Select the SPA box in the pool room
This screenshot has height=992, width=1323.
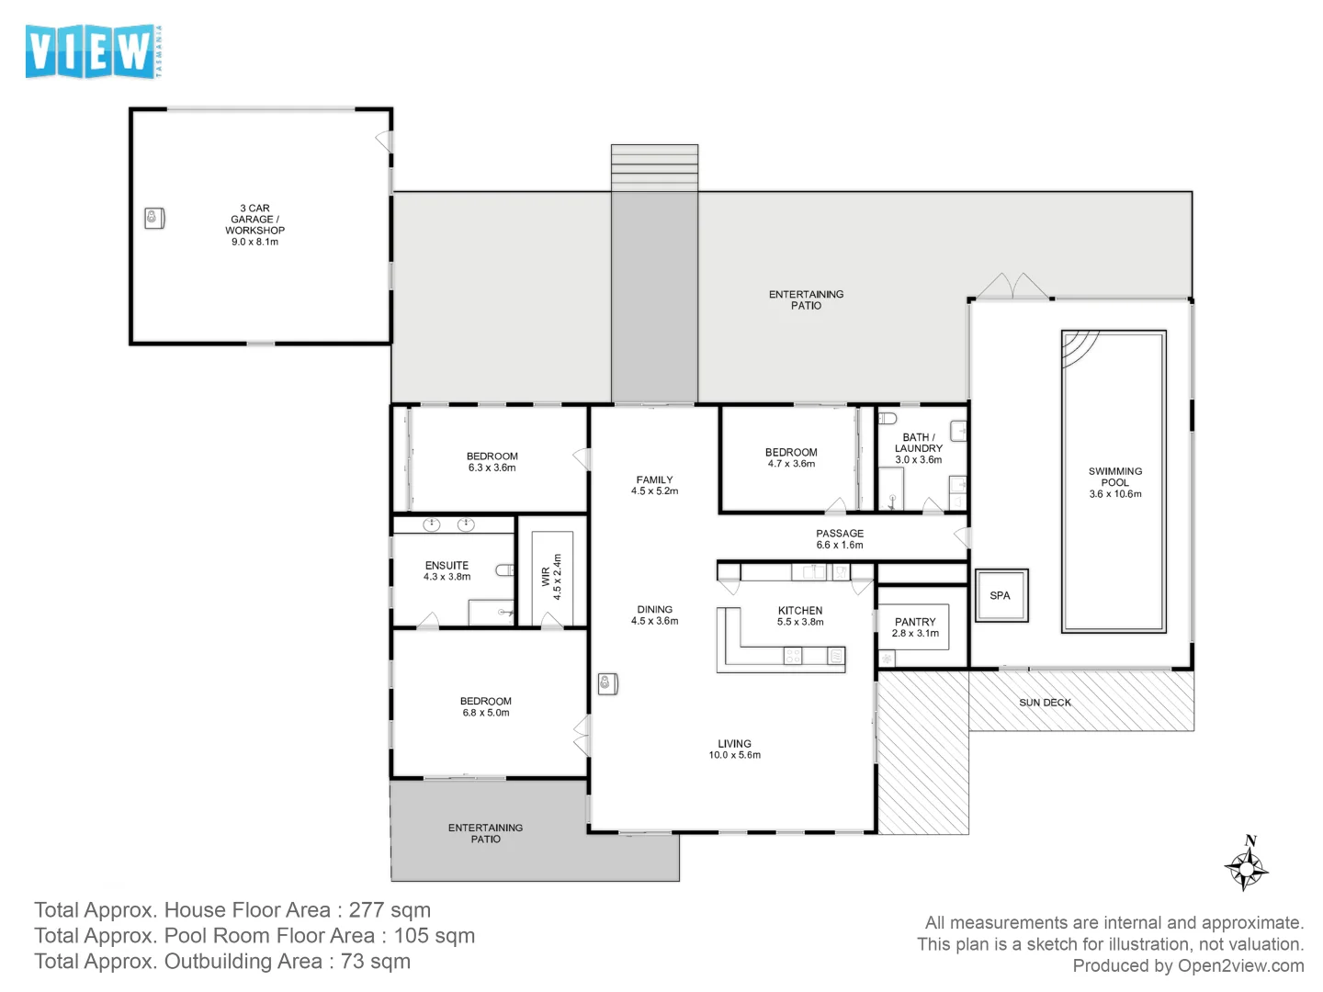pos(1001,596)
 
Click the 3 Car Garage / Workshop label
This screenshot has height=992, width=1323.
pos(254,225)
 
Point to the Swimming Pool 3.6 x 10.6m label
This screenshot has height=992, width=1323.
pos(1115,482)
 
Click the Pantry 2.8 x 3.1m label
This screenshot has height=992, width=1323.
pos(915,627)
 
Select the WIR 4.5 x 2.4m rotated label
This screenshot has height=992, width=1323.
pos(551,577)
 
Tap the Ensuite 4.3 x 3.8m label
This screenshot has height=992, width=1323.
pos(447,571)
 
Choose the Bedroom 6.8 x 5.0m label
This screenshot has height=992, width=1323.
pos(486,706)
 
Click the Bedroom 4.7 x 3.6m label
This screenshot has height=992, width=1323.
pos(791,457)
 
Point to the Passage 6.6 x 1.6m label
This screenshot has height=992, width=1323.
pos(840,539)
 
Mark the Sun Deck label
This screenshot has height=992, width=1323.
pos(1045,703)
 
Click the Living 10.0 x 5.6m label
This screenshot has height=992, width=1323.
pos(734,750)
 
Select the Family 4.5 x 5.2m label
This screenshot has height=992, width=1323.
pos(654,485)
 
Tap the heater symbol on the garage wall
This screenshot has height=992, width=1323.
pos(153,219)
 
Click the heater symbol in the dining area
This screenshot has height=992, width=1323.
pos(607,683)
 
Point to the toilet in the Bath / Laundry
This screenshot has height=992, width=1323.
pos(888,419)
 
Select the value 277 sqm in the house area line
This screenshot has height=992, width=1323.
pos(390,910)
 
